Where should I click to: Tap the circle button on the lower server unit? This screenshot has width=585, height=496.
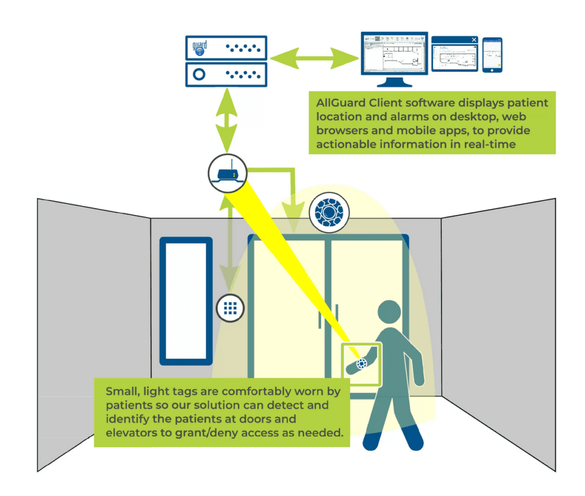click(x=200, y=74)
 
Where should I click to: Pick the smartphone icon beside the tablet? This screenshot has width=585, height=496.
click(x=492, y=55)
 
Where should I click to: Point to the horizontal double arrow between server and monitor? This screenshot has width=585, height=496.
click(x=313, y=58)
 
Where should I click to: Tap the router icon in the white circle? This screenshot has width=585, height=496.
click(x=228, y=172)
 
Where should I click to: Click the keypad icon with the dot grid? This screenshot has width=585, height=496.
click(x=230, y=307)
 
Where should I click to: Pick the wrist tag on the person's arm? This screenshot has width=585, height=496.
click(x=362, y=364)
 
